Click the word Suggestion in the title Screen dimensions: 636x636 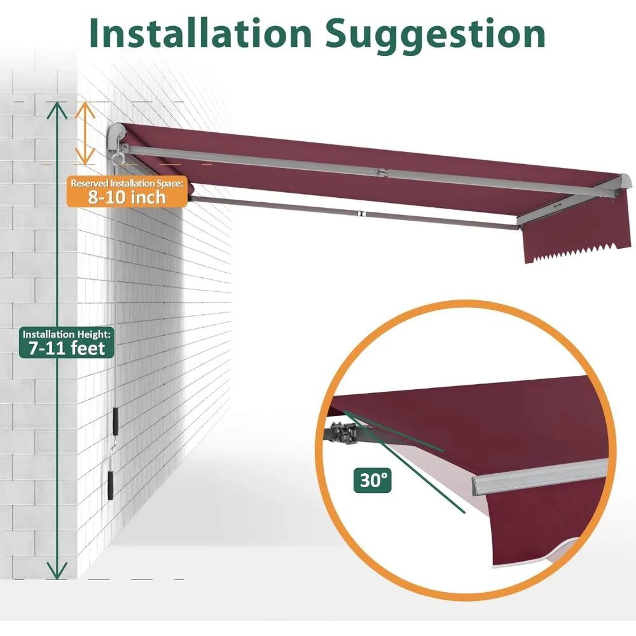tap(436, 33)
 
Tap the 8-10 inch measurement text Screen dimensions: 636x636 tap(127, 197)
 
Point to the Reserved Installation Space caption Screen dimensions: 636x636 tap(127, 183)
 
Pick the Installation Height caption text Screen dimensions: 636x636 tap(67, 333)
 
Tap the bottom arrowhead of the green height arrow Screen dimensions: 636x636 tap(58, 572)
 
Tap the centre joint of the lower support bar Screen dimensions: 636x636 tap(359, 215)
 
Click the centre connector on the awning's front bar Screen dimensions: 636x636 tap(380, 172)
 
